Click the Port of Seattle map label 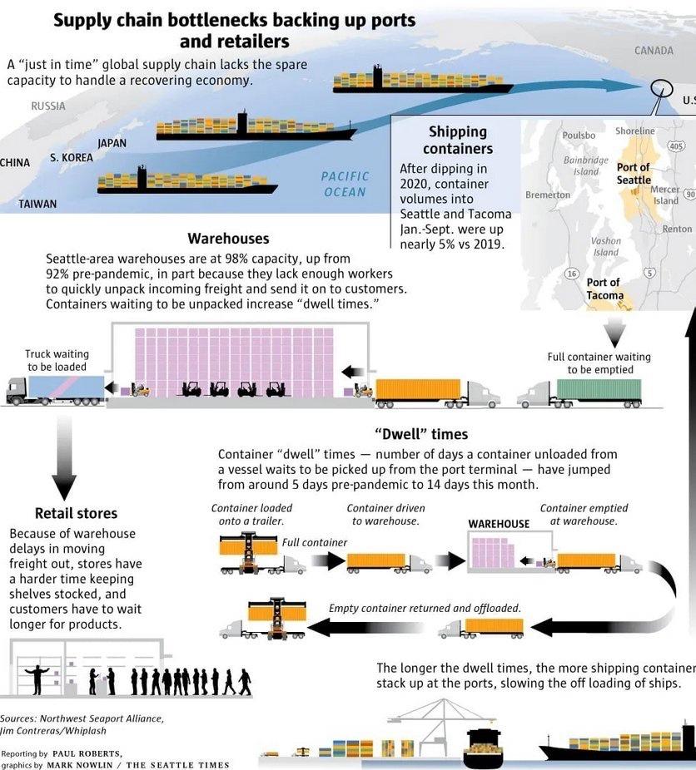(x=634, y=173)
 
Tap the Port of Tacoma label (x=604, y=289)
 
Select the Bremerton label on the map (x=548, y=195)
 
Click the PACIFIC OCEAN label (x=345, y=184)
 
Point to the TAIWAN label (x=37, y=204)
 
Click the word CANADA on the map (x=654, y=51)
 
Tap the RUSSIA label (x=47, y=106)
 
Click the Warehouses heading (x=228, y=239)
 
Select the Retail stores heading (x=76, y=513)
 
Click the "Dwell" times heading (x=420, y=434)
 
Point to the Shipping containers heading (x=457, y=140)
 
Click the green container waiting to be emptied (x=599, y=389)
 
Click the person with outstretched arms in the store (x=37, y=679)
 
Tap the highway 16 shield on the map (x=572, y=274)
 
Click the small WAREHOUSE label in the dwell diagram (x=499, y=524)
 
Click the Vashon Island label (x=605, y=246)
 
